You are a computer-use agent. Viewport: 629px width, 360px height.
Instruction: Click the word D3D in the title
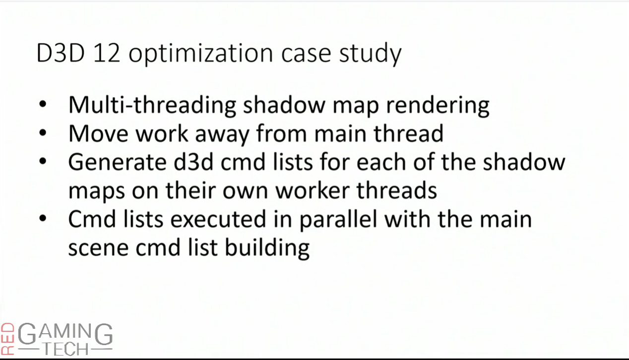[61, 53]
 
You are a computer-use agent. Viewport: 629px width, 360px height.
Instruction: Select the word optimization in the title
[201, 54]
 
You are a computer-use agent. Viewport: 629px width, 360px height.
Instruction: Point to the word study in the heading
[371, 54]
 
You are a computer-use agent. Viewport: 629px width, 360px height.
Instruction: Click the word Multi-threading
[152, 106]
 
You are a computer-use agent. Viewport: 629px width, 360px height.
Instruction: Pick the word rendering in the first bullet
[438, 106]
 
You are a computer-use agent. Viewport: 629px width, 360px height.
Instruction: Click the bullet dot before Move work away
[43, 133]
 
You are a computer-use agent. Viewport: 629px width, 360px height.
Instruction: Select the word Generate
[118, 162]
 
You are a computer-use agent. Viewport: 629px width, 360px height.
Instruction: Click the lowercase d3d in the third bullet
[193, 162]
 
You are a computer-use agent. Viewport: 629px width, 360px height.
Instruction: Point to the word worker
[312, 191]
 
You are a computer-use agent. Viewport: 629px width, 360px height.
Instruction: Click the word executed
[218, 220]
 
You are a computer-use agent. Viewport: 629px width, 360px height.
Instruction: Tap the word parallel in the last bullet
[338, 220]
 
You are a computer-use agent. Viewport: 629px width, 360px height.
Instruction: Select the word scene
[98, 248]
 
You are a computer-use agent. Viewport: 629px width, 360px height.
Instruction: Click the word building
[267, 248]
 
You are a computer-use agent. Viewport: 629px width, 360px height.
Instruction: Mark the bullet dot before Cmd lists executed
[43, 218]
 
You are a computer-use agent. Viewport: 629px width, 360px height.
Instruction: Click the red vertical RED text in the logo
[7, 339]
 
